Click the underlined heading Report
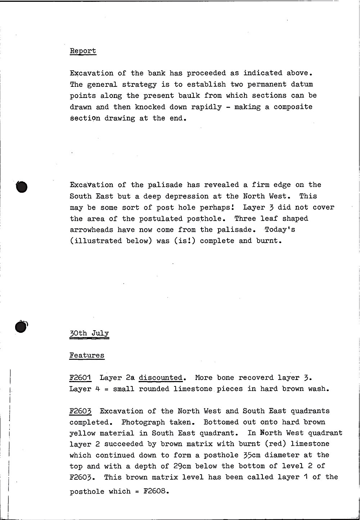(83, 51)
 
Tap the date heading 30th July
(89, 333)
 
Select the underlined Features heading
(87, 356)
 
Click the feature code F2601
(81, 378)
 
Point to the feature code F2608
(157, 492)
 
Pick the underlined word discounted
(161, 378)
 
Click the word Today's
(280, 230)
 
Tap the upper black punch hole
(22, 187)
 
